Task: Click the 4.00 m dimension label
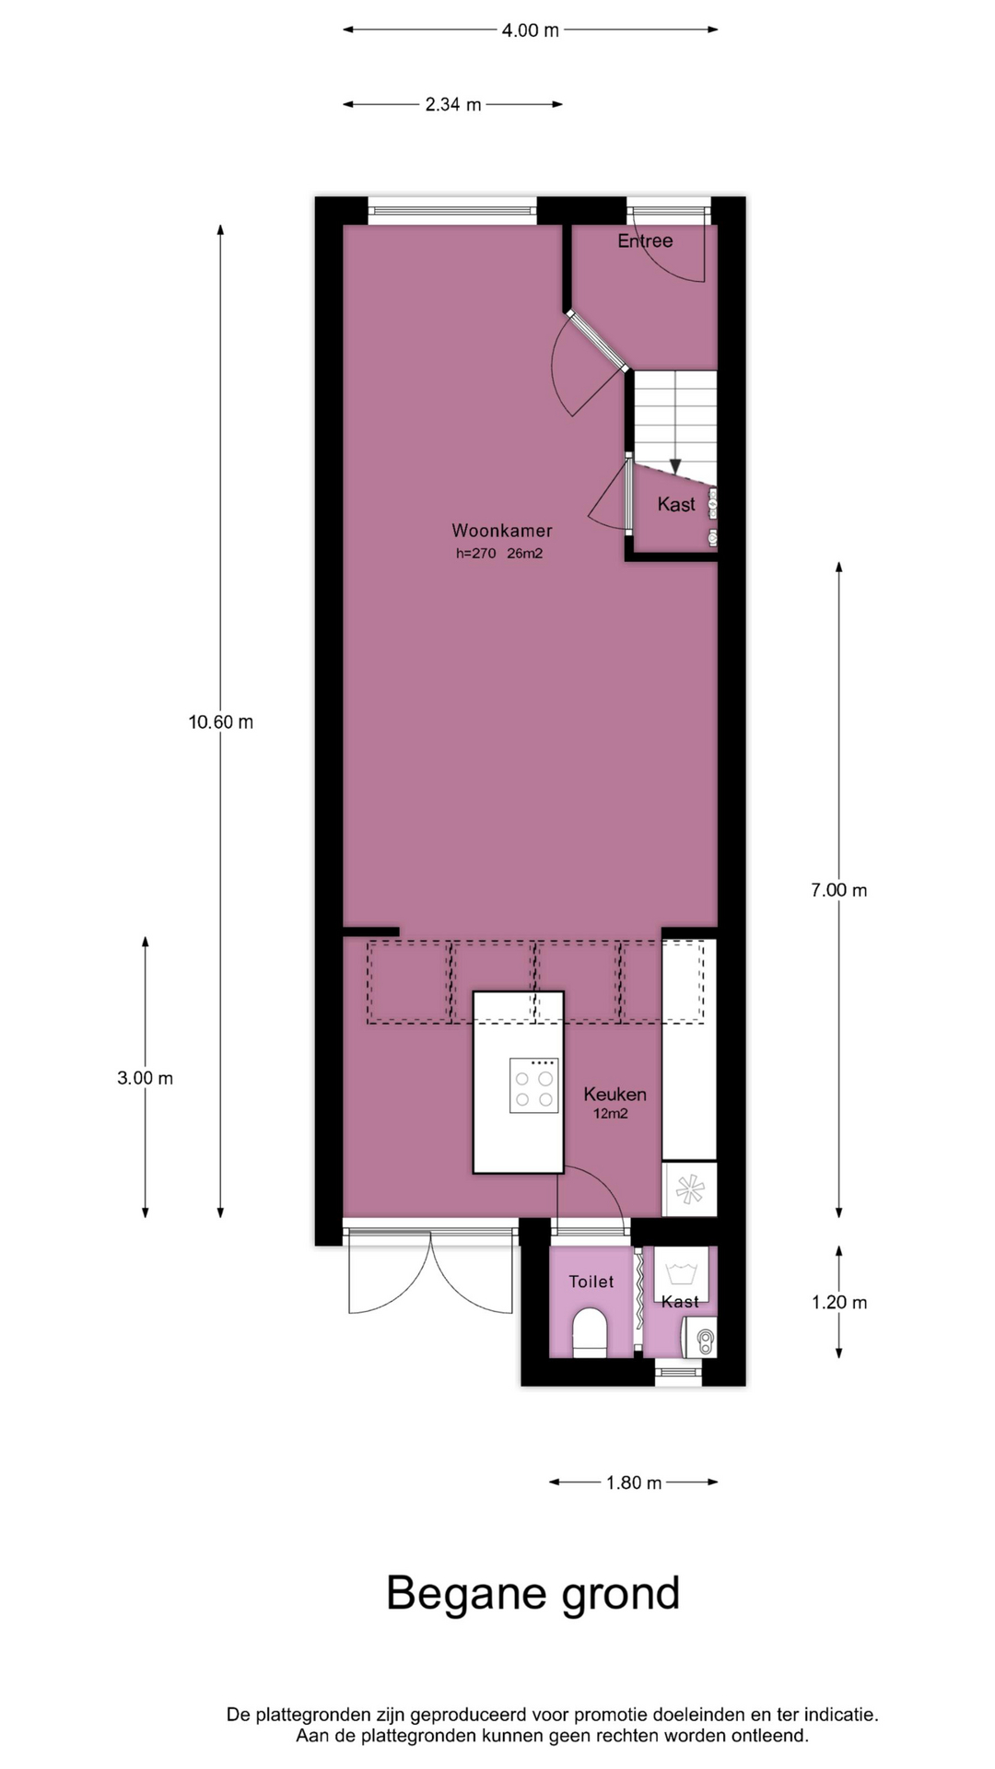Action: tap(530, 30)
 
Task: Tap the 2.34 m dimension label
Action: tap(453, 105)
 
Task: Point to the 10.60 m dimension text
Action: tap(221, 722)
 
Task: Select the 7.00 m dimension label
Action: tap(839, 890)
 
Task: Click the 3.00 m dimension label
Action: tap(146, 1078)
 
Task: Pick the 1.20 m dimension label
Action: tap(839, 1302)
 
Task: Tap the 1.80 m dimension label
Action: tap(634, 1482)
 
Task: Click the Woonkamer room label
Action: tap(502, 531)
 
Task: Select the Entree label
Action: tap(645, 241)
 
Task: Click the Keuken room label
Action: tap(615, 1095)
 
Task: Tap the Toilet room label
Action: tap(591, 1282)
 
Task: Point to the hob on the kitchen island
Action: tap(534, 1085)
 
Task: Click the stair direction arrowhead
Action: tap(675, 466)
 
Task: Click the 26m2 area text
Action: tap(525, 554)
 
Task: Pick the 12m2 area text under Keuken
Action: tap(611, 1114)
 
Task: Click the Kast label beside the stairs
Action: tap(676, 505)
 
